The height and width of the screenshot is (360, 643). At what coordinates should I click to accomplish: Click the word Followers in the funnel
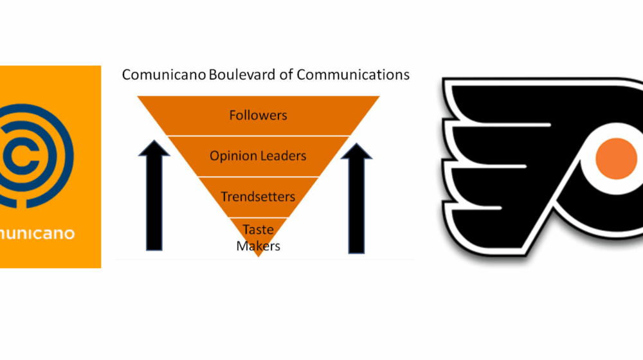pos(258,116)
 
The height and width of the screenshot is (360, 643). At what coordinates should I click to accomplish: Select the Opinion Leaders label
pos(258,156)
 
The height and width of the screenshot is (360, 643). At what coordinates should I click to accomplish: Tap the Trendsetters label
pos(258,197)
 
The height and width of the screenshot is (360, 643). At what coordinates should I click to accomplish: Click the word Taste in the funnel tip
pos(258,230)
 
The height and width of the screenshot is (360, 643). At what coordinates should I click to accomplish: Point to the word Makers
pos(258,245)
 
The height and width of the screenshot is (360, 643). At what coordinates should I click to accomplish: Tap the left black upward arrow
pos(154,199)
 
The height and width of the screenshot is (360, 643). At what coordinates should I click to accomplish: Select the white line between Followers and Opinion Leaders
pos(258,136)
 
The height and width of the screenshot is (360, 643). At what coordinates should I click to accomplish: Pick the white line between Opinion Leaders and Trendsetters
pos(258,176)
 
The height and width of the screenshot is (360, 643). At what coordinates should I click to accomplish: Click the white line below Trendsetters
pos(258,218)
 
